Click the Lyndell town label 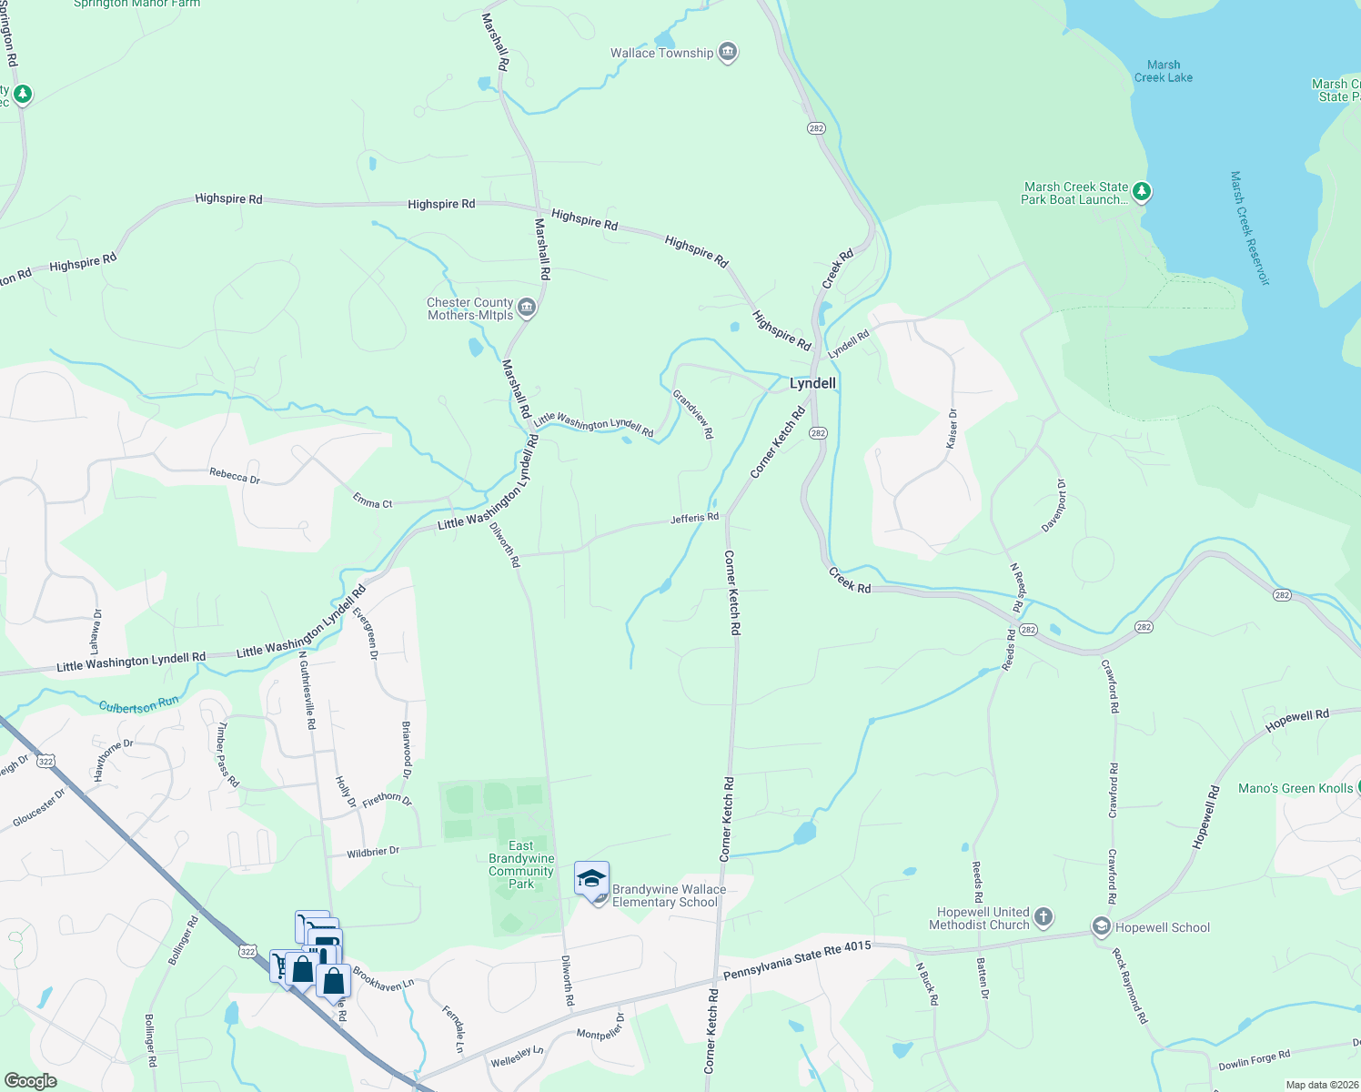point(812,383)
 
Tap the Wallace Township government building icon point(727,52)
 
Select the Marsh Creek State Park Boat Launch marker point(1141,192)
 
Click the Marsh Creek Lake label point(1164,71)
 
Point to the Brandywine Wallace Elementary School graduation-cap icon point(591,879)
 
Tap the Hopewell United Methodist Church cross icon point(1043,916)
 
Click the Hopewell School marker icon point(1102,927)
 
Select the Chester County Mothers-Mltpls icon point(526,309)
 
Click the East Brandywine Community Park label point(521,864)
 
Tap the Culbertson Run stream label point(139,705)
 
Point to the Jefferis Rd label point(694,518)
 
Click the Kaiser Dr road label point(952,429)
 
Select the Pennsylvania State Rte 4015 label point(797,961)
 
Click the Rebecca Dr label point(235,476)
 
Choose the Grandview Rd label point(693,414)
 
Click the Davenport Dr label point(1054,506)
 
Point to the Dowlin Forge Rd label point(1254,1060)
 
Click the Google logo point(30,1081)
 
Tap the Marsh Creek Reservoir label point(1249,227)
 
